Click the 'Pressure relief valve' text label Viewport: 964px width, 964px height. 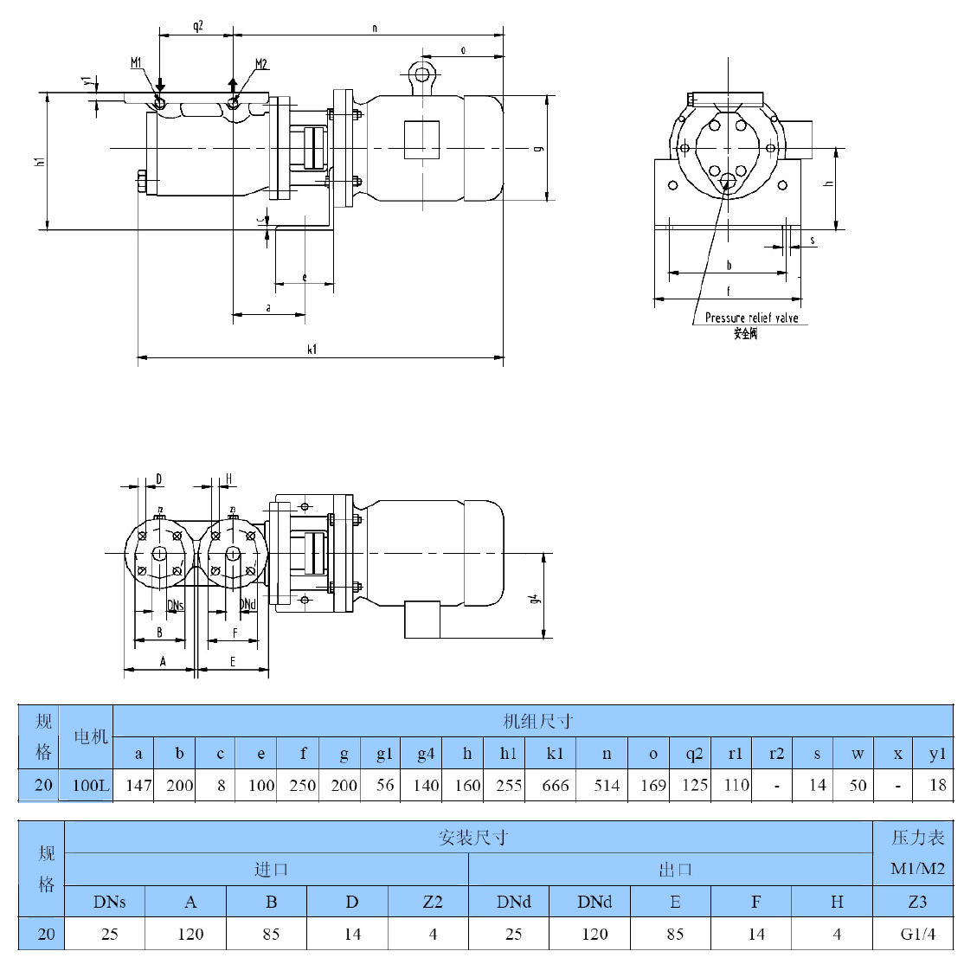[751, 318]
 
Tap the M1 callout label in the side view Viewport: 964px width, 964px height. [137, 63]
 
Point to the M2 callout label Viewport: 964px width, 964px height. [261, 64]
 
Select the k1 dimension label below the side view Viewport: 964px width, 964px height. [312, 350]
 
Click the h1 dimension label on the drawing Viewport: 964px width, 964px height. [39, 162]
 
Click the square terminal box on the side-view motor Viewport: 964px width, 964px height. [423, 140]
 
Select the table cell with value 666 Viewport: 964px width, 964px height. [556, 785]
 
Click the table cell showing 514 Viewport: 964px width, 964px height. [607, 785]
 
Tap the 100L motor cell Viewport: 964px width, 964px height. [91, 785]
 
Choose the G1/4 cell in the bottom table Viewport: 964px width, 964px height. [917, 934]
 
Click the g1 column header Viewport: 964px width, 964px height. [384, 753]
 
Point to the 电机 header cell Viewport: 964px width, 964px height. [91, 736]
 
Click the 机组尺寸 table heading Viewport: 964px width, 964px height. [537, 721]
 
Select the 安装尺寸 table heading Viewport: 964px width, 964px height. [472, 837]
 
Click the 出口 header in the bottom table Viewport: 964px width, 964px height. [674, 869]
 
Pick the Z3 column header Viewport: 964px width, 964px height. [917, 902]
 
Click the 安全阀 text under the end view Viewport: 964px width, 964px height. [745, 333]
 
